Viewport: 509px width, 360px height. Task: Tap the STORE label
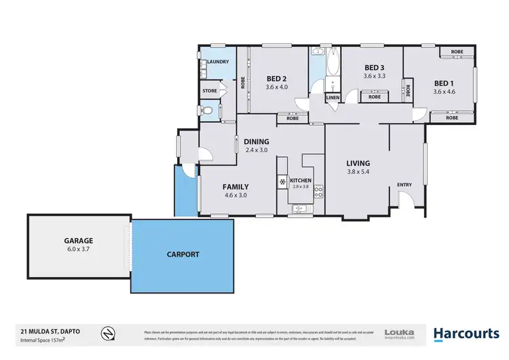[208, 90]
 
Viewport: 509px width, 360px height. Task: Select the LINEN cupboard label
[333, 98]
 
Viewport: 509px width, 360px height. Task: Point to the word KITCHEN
[301, 179]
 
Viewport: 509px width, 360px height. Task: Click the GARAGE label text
[79, 240]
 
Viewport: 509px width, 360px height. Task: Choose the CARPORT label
[183, 255]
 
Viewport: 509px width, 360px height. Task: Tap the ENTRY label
[404, 185]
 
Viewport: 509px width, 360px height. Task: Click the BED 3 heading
[375, 67]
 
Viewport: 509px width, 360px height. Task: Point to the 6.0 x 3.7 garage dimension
[79, 251]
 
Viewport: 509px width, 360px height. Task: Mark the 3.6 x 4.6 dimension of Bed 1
[445, 92]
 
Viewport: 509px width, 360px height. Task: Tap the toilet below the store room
[209, 109]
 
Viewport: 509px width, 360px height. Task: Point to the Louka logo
[399, 334]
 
